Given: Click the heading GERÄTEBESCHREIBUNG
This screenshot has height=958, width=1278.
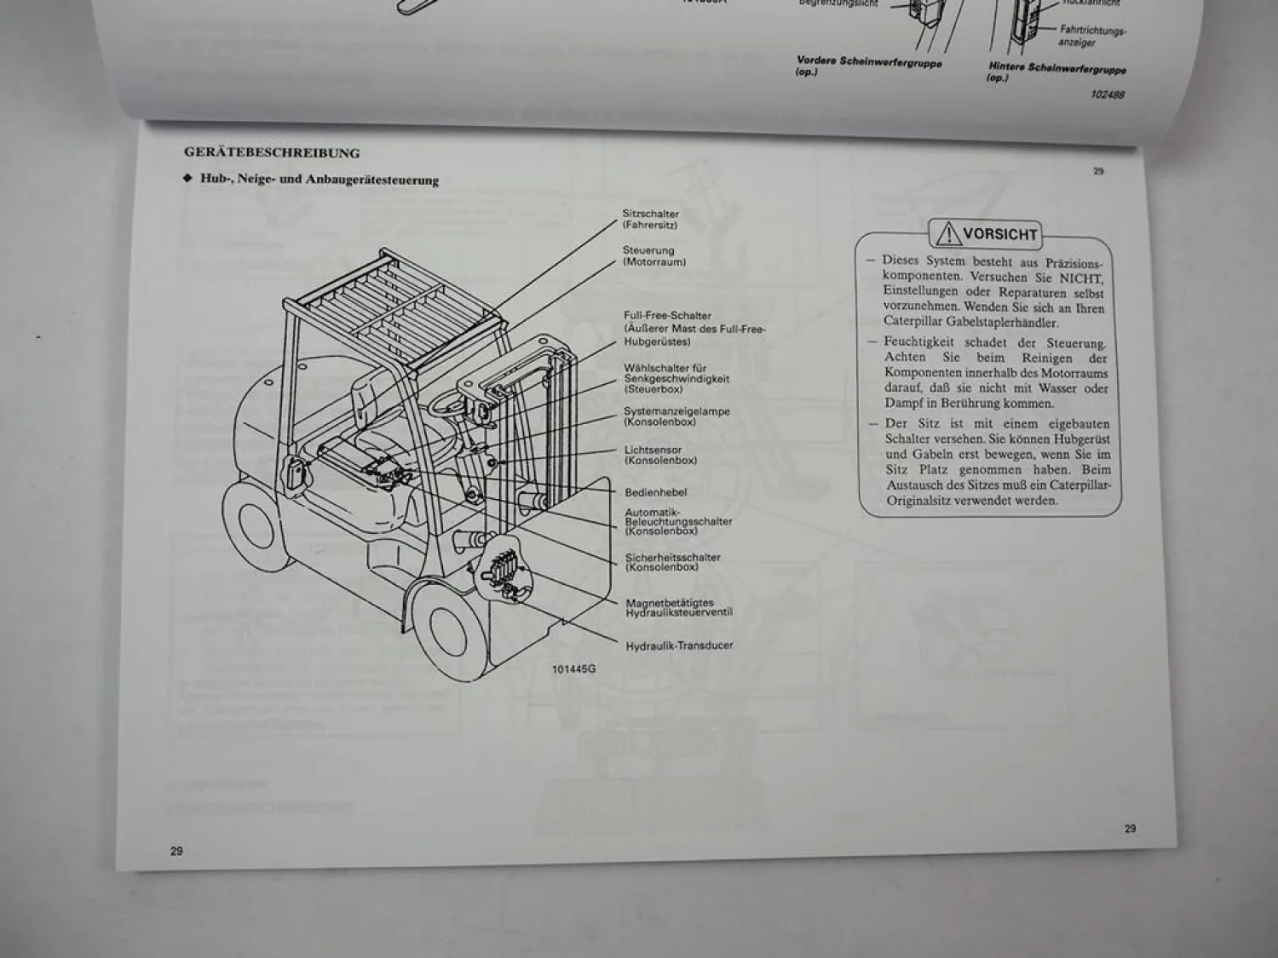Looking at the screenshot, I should (271, 153).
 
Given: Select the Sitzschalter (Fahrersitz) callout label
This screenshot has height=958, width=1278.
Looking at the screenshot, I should (650, 220).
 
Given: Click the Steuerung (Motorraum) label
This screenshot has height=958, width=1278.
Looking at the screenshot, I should (653, 256).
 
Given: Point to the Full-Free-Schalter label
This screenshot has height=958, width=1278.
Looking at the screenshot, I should (666, 316).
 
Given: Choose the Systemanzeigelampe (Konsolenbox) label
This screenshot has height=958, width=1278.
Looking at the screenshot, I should (676, 416).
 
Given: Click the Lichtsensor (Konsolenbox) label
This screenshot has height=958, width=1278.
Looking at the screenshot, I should (660, 455).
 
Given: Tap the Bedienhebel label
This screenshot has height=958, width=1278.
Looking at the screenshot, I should (655, 492).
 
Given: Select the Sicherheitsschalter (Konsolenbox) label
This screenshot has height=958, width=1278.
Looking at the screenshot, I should (672, 562).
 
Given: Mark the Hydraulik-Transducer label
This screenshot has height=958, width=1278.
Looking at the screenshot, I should (678, 645).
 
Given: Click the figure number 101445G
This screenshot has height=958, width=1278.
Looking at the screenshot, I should (573, 669).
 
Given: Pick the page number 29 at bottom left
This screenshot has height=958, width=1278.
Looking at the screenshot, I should (176, 851).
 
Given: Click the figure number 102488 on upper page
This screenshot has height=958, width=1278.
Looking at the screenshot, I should (1107, 95).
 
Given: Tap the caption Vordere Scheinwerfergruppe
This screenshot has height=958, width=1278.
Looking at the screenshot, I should (868, 62).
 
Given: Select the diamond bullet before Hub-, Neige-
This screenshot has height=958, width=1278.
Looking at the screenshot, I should (188, 179).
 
